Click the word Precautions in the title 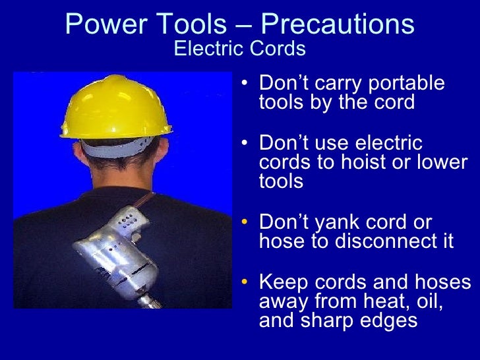coord(338,25)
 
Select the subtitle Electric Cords coord(240,49)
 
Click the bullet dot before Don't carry coord(245,84)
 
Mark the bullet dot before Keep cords coord(245,283)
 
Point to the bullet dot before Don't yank coord(245,223)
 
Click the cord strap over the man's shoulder coord(148,198)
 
